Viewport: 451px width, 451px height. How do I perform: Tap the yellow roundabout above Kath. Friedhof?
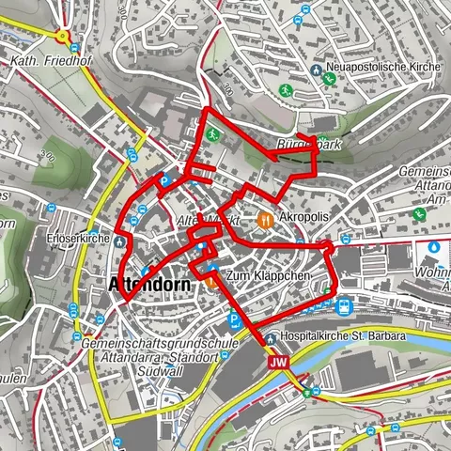tap(63, 37)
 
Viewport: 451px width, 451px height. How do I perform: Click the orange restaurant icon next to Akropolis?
tap(266, 221)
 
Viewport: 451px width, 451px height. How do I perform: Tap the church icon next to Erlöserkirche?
tap(120, 241)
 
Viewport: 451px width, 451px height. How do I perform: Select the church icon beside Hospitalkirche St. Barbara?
tap(270, 335)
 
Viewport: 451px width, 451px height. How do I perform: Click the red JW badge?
tap(276, 362)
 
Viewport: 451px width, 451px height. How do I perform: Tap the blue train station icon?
tap(344, 305)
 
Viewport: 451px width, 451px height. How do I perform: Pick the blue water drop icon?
tap(434, 247)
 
